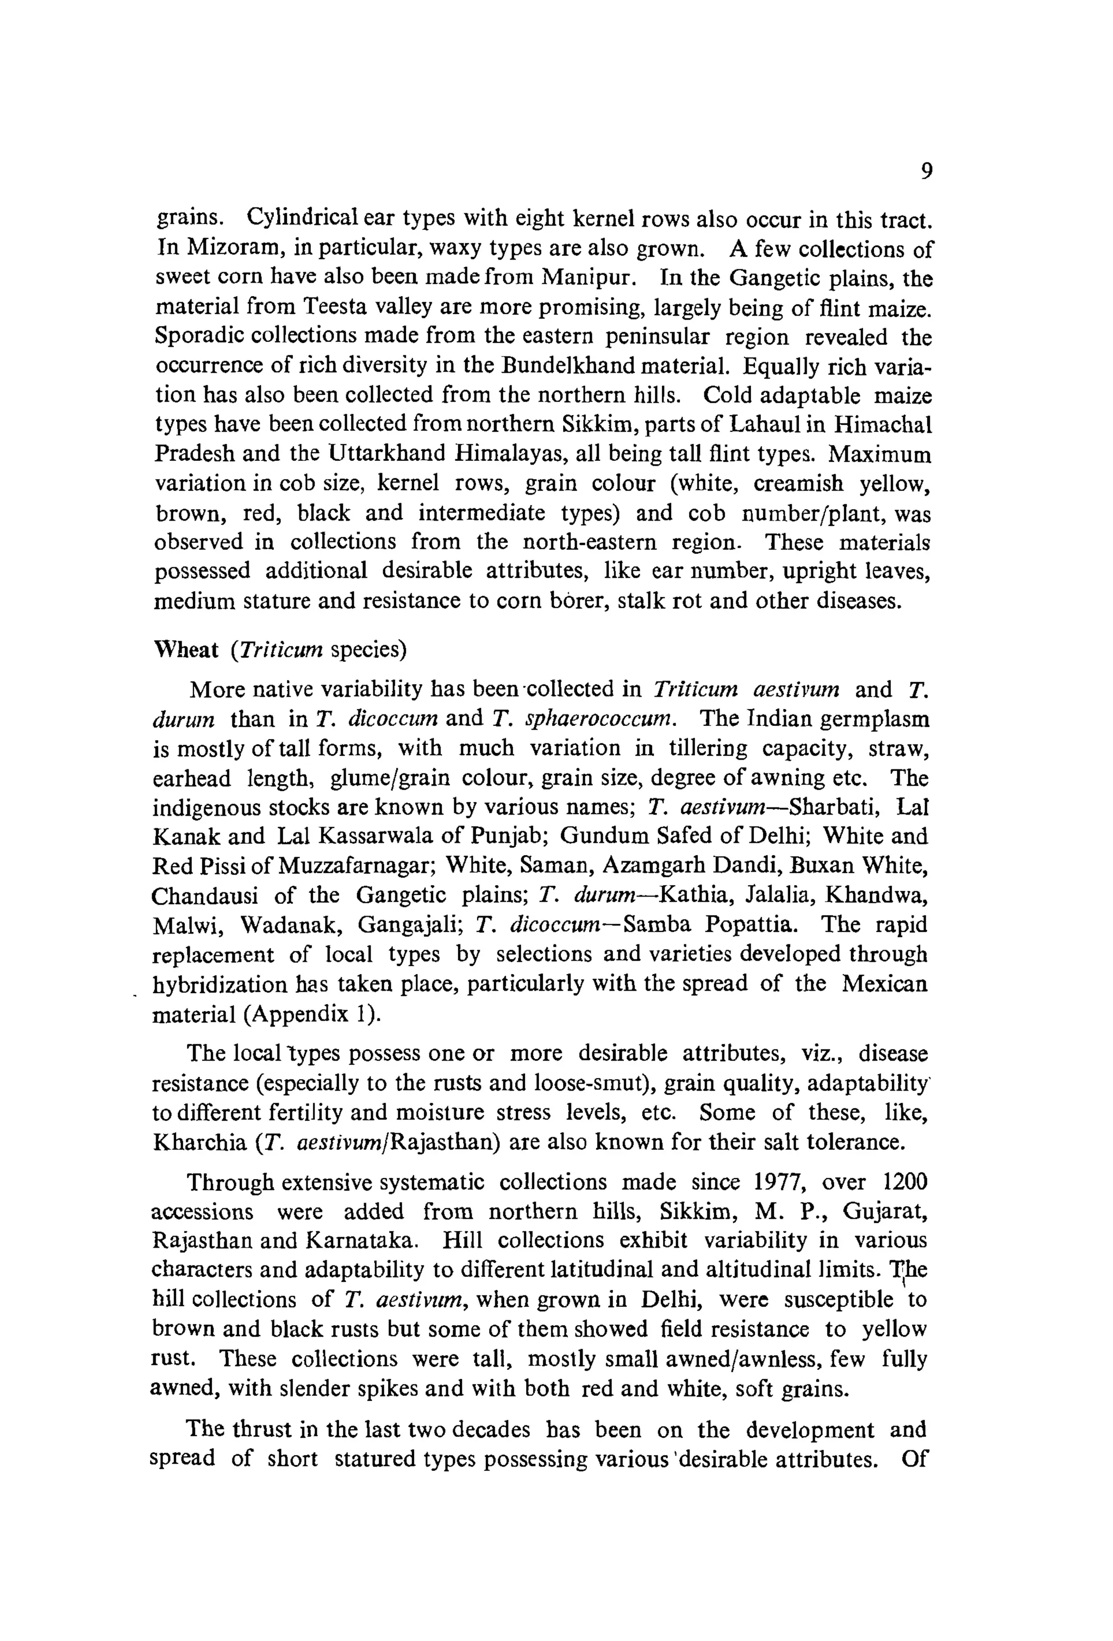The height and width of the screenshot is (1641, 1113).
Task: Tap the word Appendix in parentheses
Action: coord(299,1014)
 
